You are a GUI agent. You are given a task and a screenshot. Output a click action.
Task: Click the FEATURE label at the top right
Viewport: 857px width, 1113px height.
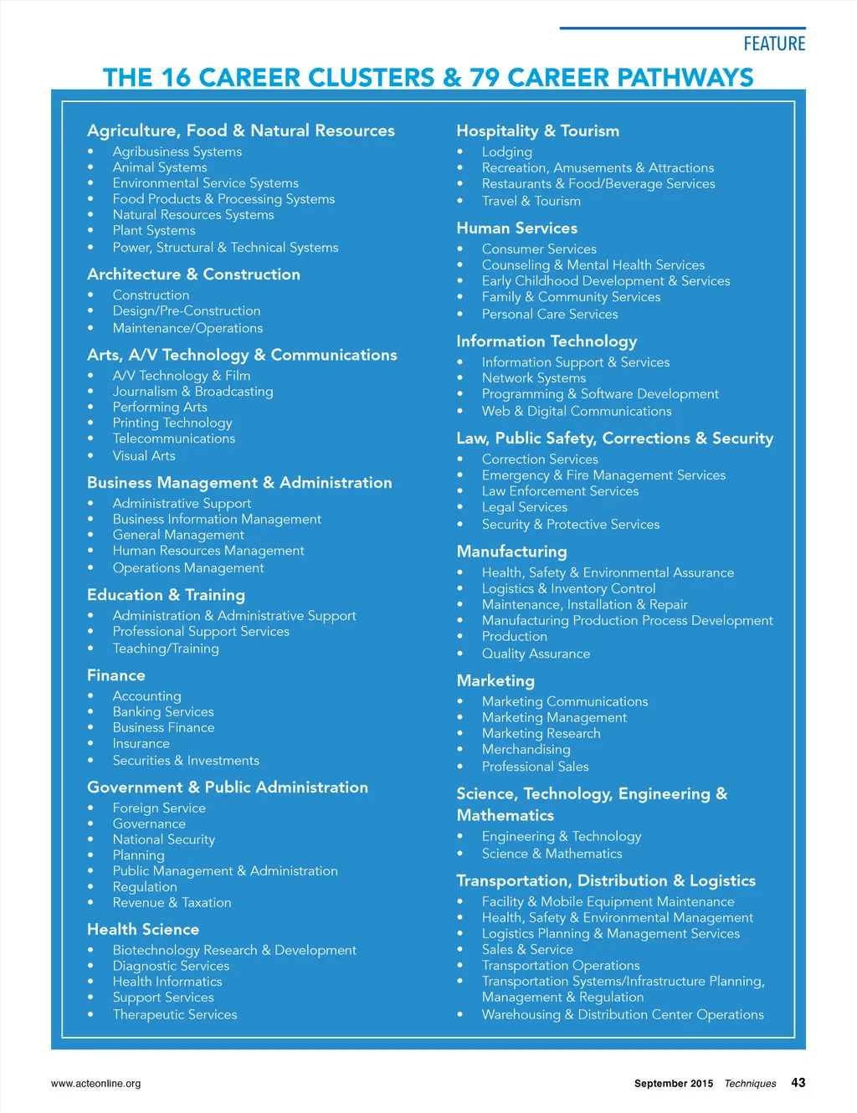tap(774, 44)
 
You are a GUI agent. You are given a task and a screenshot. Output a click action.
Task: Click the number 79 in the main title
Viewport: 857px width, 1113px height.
tap(485, 78)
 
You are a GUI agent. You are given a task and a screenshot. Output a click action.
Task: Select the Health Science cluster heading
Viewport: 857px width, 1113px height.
tap(143, 929)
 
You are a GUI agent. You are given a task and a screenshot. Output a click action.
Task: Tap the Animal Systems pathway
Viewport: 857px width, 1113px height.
tap(160, 167)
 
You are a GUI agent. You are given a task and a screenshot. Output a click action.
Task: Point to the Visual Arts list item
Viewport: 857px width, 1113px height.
tap(144, 455)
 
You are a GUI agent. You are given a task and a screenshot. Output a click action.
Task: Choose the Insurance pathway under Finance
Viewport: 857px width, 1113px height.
tap(141, 743)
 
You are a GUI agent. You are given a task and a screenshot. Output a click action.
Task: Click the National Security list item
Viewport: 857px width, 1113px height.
tap(164, 839)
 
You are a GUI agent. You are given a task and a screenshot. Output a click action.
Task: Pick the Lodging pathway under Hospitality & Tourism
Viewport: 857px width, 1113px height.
tap(506, 151)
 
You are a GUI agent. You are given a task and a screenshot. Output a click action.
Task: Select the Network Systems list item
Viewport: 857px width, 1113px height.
tap(534, 378)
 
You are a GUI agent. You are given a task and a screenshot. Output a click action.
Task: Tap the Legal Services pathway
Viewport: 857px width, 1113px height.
tap(525, 507)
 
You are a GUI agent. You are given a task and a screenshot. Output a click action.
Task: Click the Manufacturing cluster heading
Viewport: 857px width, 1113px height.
tap(511, 551)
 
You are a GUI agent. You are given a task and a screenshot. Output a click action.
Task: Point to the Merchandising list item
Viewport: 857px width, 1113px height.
tap(526, 749)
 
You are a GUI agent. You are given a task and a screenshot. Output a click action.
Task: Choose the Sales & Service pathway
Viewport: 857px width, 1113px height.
tap(527, 949)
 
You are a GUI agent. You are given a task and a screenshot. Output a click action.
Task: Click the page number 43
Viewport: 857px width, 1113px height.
tap(798, 1082)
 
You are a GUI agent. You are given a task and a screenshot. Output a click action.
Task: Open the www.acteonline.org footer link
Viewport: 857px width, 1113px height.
tap(95, 1083)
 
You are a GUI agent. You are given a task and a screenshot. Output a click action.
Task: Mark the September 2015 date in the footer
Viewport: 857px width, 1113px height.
tap(674, 1083)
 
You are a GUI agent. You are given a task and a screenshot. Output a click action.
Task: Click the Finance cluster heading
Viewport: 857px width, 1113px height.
tap(116, 674)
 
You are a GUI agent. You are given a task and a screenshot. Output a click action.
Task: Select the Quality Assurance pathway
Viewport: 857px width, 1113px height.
tap(536, 654)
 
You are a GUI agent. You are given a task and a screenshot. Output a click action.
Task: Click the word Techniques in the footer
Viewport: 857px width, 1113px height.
tap(750, 1083)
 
